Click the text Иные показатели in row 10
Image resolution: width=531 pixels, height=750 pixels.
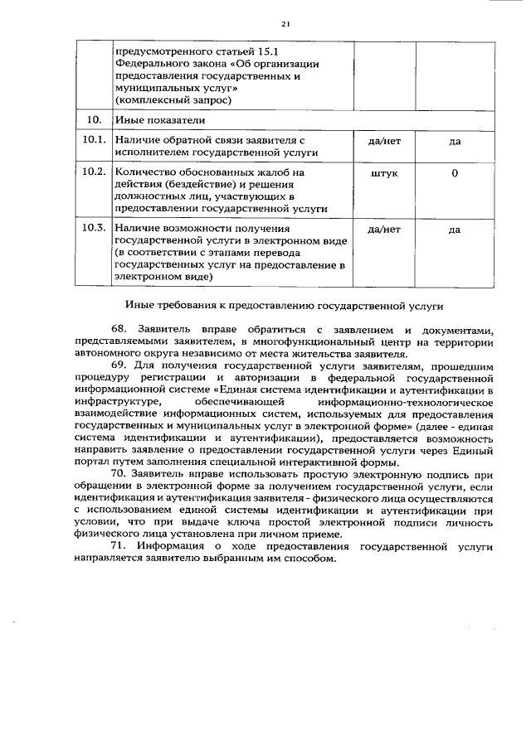coord(155,121)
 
